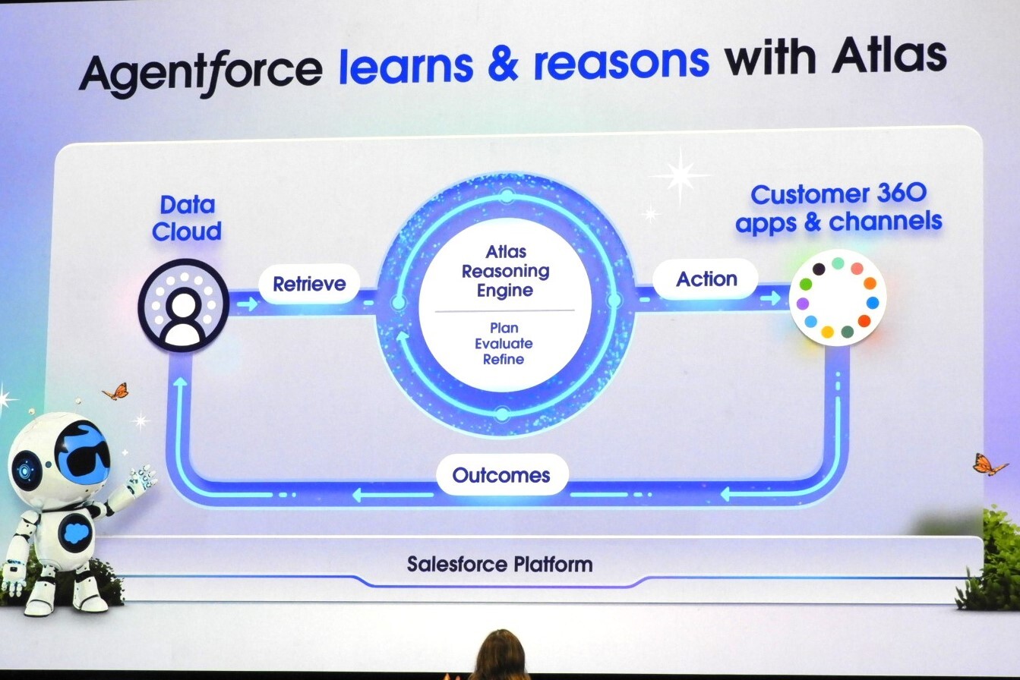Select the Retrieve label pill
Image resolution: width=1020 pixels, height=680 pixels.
click(x=309, y=285)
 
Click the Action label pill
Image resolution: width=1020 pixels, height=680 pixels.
click(x=706, y=279)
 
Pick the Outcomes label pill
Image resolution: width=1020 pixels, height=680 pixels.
click(x=501, y=476)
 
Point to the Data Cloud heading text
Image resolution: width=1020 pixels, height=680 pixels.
click(x=187, y=218)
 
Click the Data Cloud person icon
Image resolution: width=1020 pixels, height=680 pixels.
click(x=183, y=305)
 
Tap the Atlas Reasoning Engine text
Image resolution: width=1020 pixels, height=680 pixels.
click(x=505, y=271)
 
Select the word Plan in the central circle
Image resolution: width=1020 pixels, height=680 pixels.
click(x=504, y=328)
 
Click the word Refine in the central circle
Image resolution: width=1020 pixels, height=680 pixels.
click(x=504, y=359)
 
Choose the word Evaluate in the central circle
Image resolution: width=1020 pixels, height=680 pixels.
click(x=504, y=344)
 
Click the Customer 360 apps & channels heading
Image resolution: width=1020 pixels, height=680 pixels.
click(x=838, y=207)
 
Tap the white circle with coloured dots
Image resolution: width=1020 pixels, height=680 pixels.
click(x=838, y=297)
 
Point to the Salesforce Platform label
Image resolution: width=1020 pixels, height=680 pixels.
click(x=499, y=565)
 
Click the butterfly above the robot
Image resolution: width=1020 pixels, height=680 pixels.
click(x=116, y=392)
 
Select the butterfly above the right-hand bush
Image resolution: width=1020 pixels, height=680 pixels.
click(x=990, y=464)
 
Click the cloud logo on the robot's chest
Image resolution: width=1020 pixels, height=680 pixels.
click(x=77, y=530)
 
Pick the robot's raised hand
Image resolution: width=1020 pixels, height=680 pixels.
click(x=141, y=478)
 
